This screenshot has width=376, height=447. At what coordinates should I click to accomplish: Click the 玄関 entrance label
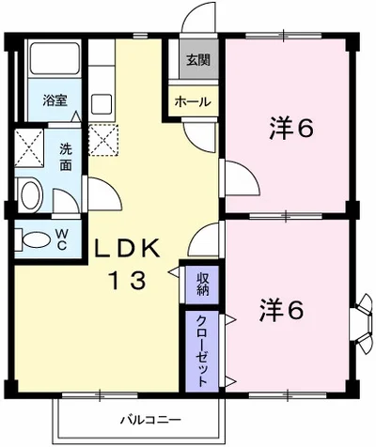click(x=197, y=62)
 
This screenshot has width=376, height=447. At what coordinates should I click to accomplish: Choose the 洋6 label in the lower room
click(x=281, y=311)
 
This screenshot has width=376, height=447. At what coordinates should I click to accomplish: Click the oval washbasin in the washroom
click(x=30, y=196)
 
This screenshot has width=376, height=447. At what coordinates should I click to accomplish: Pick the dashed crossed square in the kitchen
click(x=103, y=139)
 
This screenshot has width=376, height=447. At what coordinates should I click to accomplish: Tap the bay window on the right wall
click(x=361, y=318)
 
